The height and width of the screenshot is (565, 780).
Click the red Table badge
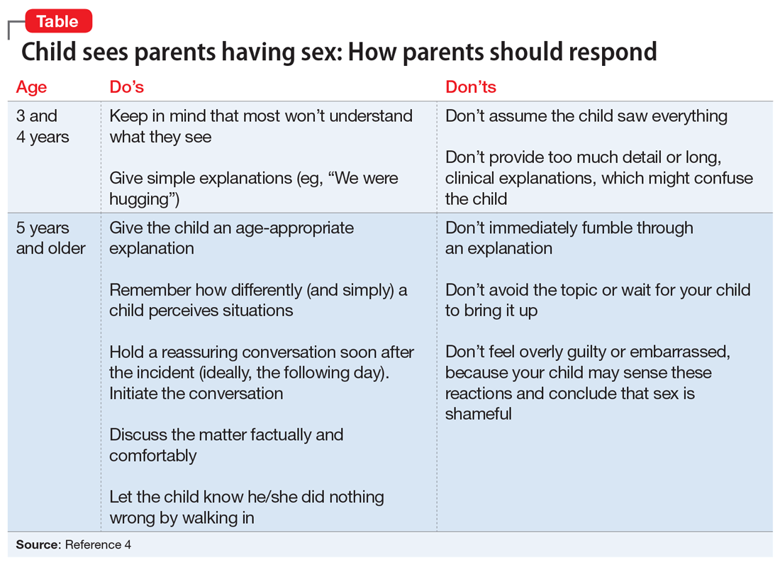(57, 21)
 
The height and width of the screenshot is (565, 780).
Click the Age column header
(31, 87)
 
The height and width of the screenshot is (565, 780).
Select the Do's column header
(126, 87)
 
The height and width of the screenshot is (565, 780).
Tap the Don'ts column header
(470, 87)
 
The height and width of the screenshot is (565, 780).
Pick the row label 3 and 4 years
(43, 126)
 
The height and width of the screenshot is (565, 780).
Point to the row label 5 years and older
(50, 238)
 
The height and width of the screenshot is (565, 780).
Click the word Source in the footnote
(38, 544)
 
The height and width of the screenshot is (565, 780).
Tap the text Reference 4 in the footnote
(98, 544)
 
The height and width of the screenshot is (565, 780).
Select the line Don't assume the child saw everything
(586, 116)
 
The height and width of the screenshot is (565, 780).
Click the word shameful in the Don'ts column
(478, 413)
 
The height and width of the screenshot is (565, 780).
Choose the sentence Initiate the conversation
(196, 393)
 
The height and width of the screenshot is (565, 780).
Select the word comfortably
(152, 455)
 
